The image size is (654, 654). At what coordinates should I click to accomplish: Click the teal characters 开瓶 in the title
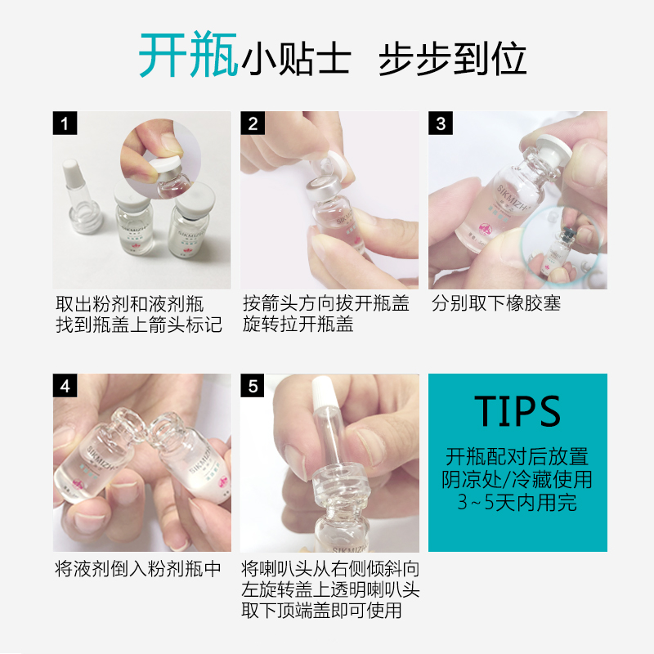pyautogui.click(x=188, y=54)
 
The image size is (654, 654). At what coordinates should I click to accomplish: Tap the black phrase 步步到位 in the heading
pyautogui.click(x=452, y=59)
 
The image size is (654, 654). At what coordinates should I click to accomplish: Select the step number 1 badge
pyautogui.click(x=65, y=123)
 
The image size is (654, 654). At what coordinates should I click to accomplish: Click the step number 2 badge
pyautogui.click(x=253, y=123)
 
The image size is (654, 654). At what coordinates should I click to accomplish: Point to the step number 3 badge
pyautogui.click(x=441, y=123)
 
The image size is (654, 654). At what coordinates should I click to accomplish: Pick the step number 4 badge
pyautogui.click(x=65, y=385)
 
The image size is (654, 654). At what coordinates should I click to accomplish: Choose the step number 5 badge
pyautogui.click(x=253, y=385)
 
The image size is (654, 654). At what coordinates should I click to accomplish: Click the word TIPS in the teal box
pyautogui.click(x=517, y=411)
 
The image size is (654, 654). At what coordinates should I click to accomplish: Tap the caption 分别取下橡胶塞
pyautogui.click(x=496, y=303)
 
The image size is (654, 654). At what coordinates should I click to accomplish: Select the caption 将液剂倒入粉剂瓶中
pyautogui.click(x=138, y=568)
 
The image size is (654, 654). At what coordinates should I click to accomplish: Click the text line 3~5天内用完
pyautogui.click(x=517, y=502)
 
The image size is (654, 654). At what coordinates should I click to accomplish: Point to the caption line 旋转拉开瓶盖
pyautogui.click(x=298, y=324)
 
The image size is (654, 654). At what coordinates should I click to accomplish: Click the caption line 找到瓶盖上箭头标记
pyautogui.click(x=139, y=325)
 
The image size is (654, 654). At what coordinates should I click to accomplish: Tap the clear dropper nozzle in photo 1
pyautogui.click(x=82, y=196)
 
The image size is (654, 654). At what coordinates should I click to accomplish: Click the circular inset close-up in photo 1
pyautogui.click(x=161, y=159)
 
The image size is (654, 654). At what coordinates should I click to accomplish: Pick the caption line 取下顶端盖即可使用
pyautogui.click(x=321, y=610)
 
